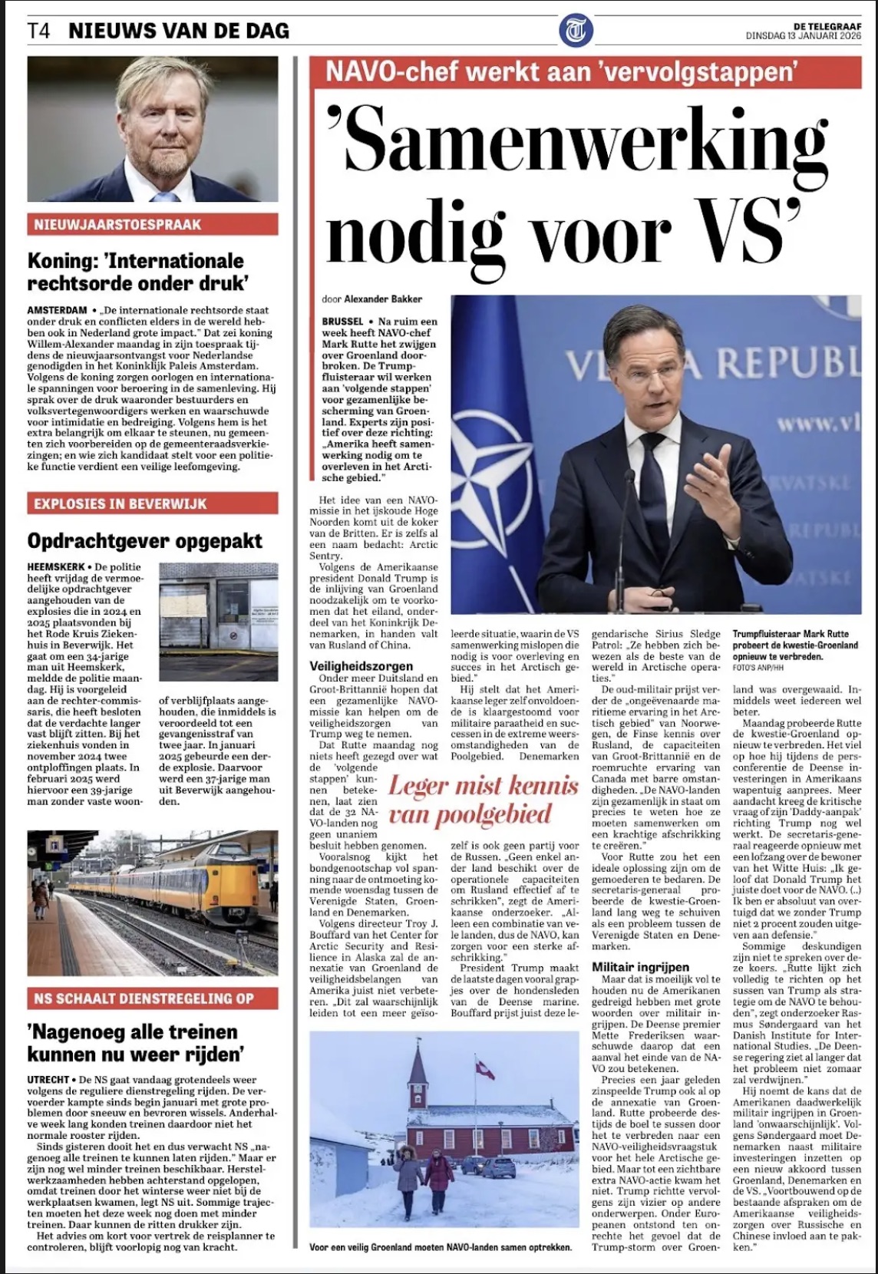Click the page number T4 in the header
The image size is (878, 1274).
coord(39,31)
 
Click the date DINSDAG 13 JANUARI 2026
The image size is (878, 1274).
coord(804,36)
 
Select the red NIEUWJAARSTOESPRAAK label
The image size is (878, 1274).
coord(117,225)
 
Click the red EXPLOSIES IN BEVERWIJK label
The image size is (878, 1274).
coord(120,504)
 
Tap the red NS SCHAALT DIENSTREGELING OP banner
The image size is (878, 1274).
coord(144,998)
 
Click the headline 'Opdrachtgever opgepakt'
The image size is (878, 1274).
coord(145,541)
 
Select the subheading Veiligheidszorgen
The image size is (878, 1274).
coord(361,666)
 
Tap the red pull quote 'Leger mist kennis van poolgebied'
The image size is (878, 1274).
coord(483,799)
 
